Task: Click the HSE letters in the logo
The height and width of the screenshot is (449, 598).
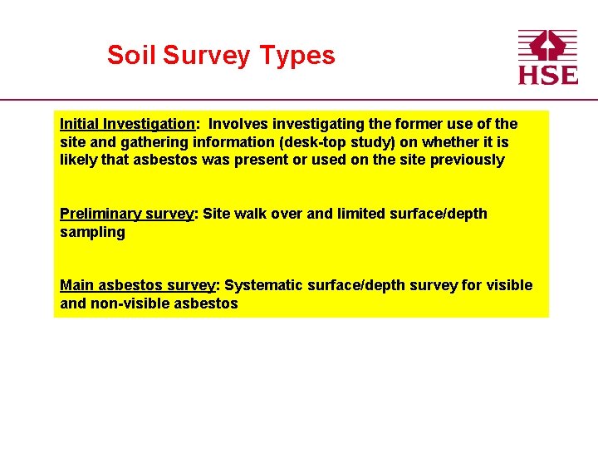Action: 547,74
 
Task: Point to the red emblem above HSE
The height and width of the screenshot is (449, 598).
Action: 547,46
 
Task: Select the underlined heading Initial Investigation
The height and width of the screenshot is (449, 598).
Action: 127,124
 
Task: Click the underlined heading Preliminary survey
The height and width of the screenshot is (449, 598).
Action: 126,214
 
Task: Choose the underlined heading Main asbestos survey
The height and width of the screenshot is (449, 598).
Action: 137,285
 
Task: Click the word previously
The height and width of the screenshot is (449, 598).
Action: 467,160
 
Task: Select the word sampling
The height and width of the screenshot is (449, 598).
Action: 92,232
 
